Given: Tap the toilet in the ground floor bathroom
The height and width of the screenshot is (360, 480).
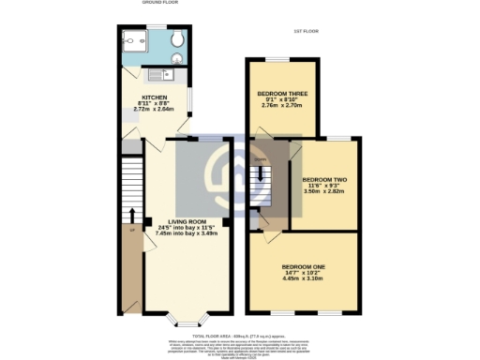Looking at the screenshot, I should (x=176, y=40).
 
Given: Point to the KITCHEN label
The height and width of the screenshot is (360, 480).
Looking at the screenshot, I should (x=155, y=97).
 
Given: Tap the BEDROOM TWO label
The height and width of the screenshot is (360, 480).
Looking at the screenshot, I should (x=324, y=178).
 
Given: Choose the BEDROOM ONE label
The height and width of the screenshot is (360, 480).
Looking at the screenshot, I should (x=306, y=266).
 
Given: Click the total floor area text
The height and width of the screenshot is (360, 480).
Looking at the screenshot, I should (x=240, y=334).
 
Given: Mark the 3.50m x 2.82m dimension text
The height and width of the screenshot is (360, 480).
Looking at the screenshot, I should (x=324, y=190).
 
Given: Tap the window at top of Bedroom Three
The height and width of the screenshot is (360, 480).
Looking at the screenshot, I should (x=278, y=59).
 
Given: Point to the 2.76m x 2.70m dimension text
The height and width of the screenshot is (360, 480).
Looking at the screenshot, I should (x=281, y=107).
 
